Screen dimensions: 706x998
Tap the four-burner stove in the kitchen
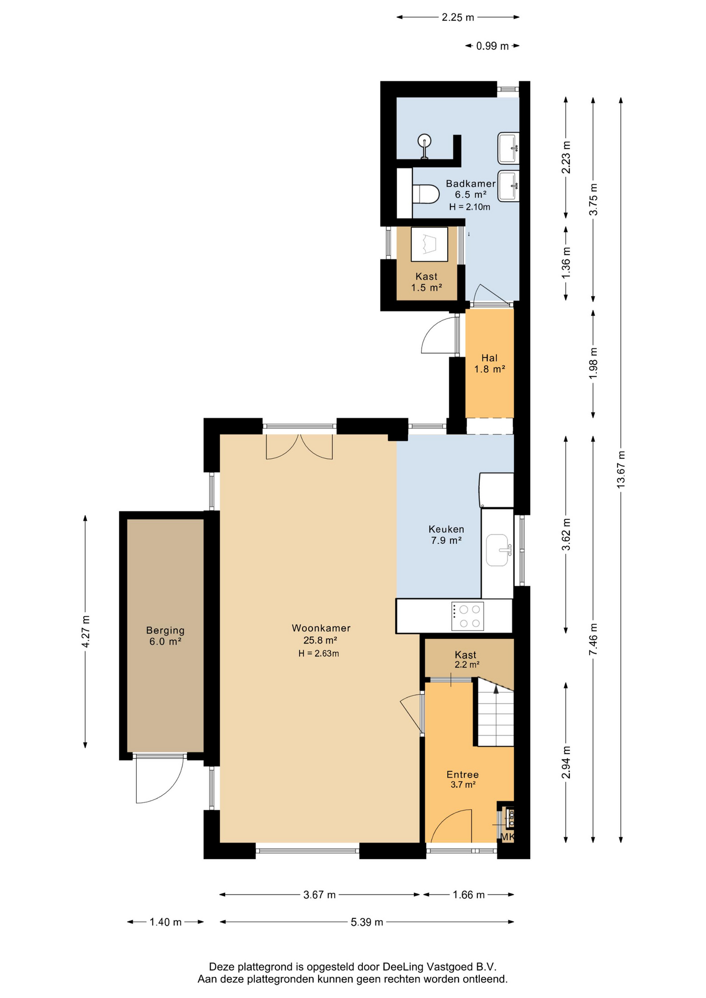[x=467, y=616]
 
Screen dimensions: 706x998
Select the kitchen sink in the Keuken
[x=498, y=550]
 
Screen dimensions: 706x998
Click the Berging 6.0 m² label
[x=165, y=636]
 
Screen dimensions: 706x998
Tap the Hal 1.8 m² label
[x=489, y=363]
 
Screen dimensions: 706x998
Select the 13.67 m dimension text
[x=621, y=469]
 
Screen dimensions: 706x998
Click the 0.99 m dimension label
[x=492, y=46]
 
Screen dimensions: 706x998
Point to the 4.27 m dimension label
[x=86, y=632]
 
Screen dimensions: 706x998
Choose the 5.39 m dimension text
[x=367, y=922]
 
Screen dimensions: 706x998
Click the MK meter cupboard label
[x=507, y=837]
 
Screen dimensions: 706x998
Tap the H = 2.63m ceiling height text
[x=319, y=653]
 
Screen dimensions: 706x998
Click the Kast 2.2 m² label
[x=466, y=660]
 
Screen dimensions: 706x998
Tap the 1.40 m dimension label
[x=165, y=922]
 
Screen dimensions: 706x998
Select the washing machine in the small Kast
[x=429, y=244]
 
